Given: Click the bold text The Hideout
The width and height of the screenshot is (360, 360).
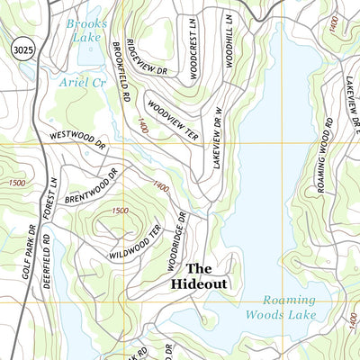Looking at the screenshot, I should tap(199, 275).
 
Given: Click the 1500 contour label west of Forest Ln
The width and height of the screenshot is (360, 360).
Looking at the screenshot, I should tap(15, 183).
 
